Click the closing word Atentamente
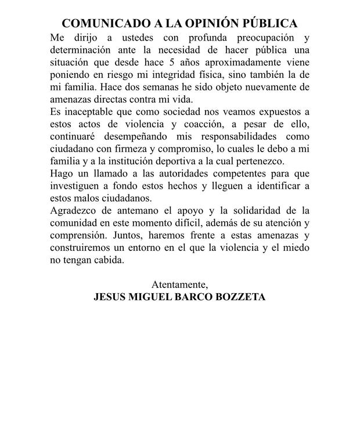[179, 285]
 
